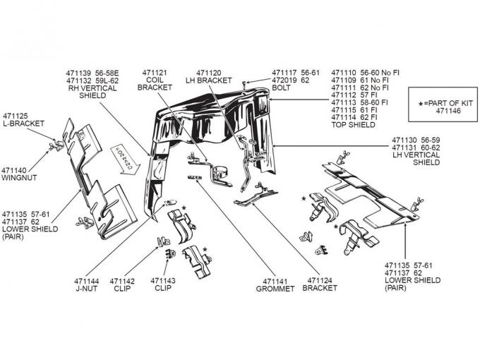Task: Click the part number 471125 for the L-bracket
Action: [x=15, y=115]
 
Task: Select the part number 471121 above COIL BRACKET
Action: [x=154, y=73]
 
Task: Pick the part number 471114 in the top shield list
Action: [x=344, y=117]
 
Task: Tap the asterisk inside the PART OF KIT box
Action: [x=421, y=104]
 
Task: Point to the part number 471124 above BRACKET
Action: [x=319, y=281]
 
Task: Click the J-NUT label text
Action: [x=87, y=288]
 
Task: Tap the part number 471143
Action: [x=163, y=281]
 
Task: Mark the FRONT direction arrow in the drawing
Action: [x=116, y=154]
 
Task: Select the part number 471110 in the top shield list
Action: [x=344, y=73]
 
